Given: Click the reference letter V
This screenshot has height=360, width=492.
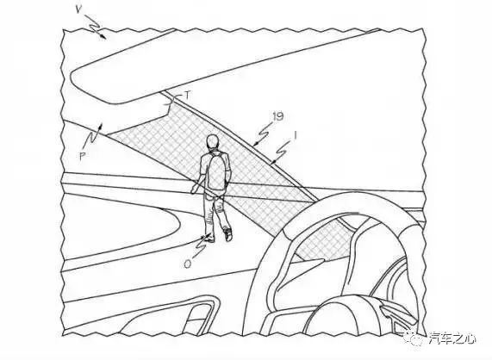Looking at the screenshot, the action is (78, 9).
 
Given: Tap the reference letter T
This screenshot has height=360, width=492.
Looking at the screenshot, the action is (187, 95).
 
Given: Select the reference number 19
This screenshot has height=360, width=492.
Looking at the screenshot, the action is (278, 116).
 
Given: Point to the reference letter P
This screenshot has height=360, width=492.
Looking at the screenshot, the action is (82, 157).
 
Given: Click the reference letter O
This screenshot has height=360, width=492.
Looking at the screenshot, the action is (187, 264).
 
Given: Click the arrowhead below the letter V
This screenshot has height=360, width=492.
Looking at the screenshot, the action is (103, 36).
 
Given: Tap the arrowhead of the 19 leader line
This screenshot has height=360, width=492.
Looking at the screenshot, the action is (256, 145).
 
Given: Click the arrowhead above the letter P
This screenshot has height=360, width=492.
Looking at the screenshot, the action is (100, 126).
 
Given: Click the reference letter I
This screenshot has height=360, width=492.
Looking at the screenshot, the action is (296, 136).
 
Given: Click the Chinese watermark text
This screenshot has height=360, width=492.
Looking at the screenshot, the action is (452, 339).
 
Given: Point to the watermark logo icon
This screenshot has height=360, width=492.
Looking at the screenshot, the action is (417, 339).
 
